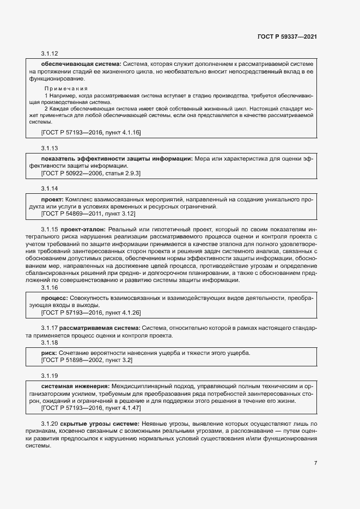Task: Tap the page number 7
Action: pos(315,463)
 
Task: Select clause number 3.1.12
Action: pos(49,54)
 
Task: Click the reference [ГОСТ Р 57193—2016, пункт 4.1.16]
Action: pos(90,132)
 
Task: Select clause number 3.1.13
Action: pos(49,148)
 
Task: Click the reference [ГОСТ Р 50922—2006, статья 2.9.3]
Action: pos(90,173)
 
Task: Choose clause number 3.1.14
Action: pos(49,189)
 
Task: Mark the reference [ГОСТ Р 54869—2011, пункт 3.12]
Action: pos(88,214)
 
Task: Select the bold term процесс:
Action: pos(54,298)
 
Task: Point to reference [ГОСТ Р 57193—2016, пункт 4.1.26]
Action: pos(90,313)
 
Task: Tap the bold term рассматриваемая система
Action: pos(100,328)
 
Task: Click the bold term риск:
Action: pos(50,353)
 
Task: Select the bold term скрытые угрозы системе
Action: pos(100,423)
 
